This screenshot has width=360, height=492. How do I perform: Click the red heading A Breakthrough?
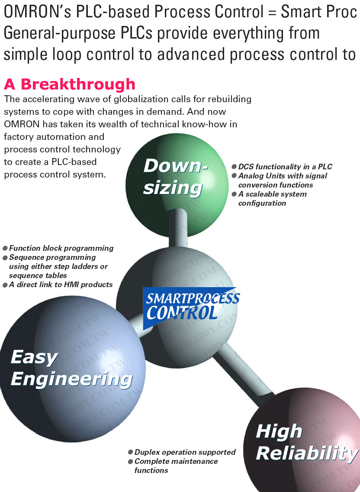point(69,84)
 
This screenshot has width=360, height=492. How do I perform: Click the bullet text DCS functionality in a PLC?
point(285,167)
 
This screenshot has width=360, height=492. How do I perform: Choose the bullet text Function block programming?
point(61,248)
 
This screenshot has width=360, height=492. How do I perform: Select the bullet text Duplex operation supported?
point(185,452)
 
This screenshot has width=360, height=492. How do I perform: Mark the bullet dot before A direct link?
point(5,285)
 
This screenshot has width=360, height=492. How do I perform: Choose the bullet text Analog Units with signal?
point(283,176)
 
